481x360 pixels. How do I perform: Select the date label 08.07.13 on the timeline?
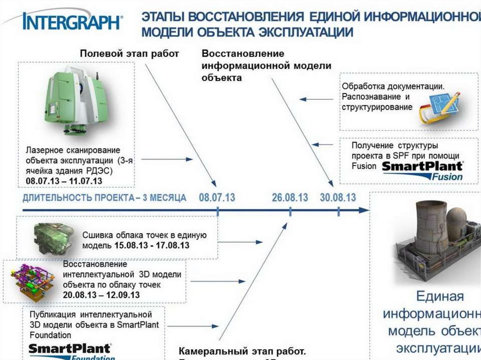pos(217,198)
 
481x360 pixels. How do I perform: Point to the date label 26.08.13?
pos(290,198)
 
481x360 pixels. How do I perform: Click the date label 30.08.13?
pos(338,198)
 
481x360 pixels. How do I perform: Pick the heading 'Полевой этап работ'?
pos(129,54)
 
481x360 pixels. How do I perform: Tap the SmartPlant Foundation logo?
pos(70,351)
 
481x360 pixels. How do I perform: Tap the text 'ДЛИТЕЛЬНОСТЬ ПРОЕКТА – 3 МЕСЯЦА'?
pos(104,198)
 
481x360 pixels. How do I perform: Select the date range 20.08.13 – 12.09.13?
pos(101,295)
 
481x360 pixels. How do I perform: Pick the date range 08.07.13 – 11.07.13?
pos(64,180)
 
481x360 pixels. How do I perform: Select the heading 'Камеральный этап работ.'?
pos(242,351)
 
